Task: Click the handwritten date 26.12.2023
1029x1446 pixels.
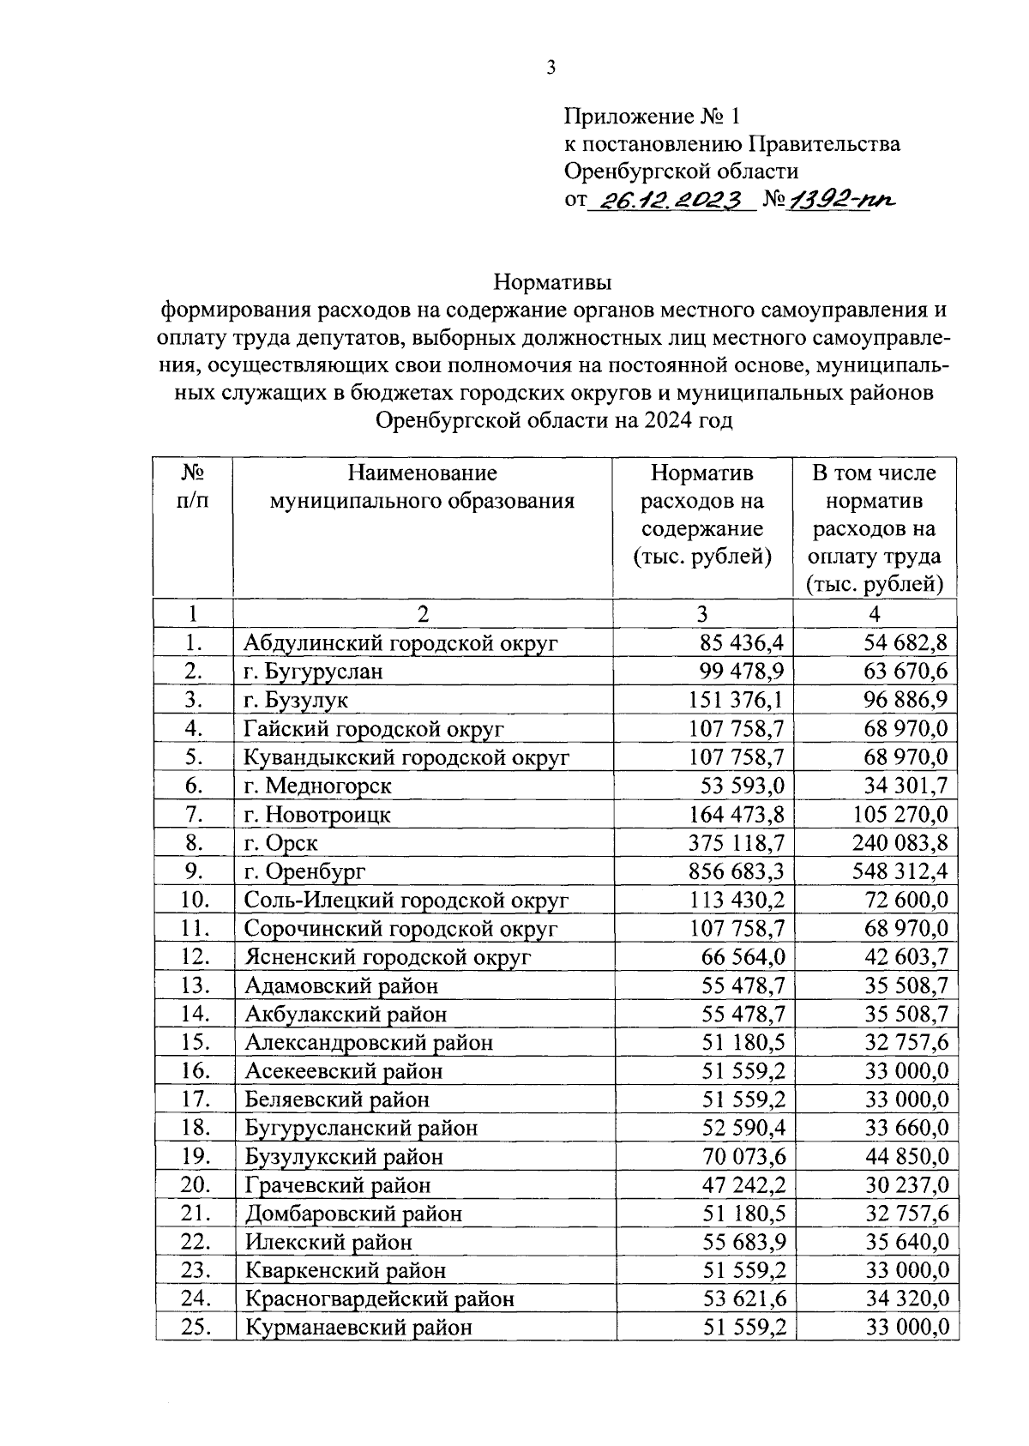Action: (x=671, y=200)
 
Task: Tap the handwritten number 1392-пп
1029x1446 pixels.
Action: (x=840, y=200)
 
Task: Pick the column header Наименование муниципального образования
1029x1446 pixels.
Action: (x=422, y=487)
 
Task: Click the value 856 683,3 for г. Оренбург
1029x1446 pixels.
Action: (x=736, y=871)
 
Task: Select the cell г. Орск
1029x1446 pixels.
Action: (x=281, y=843)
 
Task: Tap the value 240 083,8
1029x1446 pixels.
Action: (x=900, y=843)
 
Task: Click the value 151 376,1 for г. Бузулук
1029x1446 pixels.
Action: (x=736, y=700)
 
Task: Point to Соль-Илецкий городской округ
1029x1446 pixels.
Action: (x=406, y=901)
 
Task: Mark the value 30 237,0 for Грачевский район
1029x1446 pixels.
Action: (x=906, y=1185)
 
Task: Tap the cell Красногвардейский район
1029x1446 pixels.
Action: (x=380, y=1299)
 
